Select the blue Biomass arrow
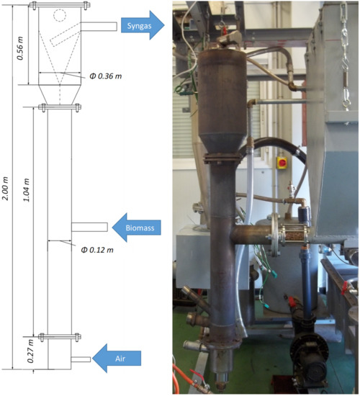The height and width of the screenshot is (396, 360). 139,227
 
